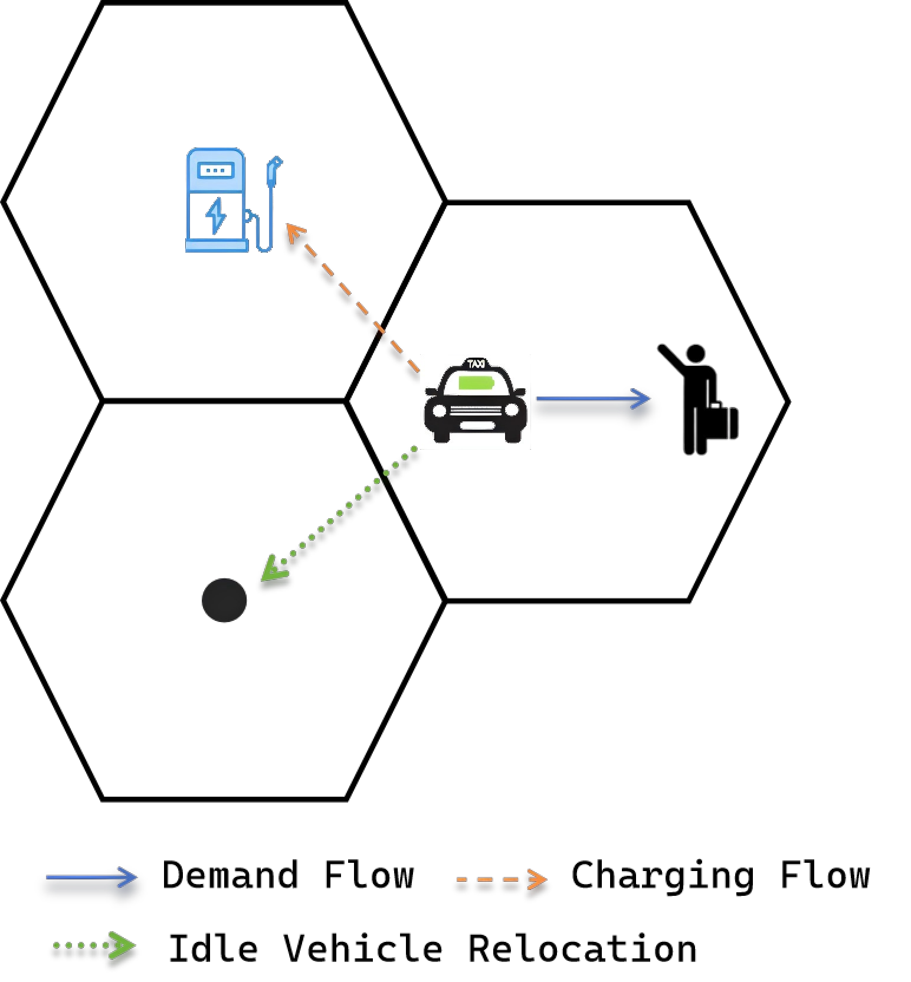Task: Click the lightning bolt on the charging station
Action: (215, 216)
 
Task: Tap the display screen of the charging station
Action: (216, 171)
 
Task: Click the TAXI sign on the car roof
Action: (476, 364)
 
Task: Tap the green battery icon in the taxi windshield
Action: (476, 383)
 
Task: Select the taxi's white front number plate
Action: (477, 425)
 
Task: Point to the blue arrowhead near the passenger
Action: (642, 398)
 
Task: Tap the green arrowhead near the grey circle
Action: (273, 569)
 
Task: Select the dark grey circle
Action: (224, 600)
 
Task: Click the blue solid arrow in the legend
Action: (91, 877)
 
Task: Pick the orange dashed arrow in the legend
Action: (502, 879)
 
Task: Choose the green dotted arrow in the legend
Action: (94, 945)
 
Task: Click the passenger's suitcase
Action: (719, 421)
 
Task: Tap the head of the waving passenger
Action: (696, 353)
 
